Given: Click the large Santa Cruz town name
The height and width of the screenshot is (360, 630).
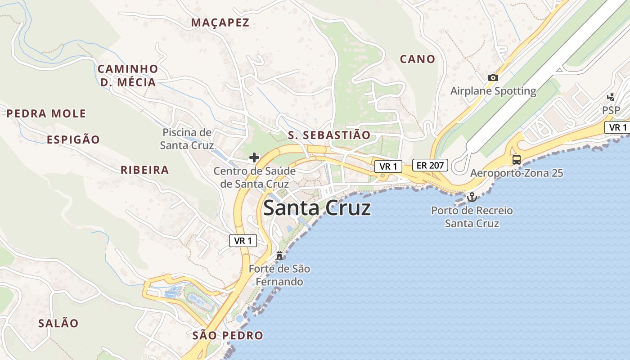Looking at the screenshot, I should (x=317, y=208).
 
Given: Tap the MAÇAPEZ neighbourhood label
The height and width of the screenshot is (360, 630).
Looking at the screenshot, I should (x=220, y=22).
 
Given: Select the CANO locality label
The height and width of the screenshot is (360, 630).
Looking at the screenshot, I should (x=418, y=59).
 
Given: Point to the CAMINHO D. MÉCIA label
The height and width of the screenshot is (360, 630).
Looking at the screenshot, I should (x=128, y=76).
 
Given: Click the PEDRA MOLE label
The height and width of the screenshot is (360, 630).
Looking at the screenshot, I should (x=46, y=113).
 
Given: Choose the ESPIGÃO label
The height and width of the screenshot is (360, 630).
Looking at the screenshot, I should (x=73, y=139).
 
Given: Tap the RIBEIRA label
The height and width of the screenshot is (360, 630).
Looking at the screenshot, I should (x=145, y=170).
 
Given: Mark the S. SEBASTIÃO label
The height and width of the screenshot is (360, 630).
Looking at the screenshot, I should (x=329, y=135).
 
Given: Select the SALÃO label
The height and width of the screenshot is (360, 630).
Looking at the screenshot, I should (x=58, y=323).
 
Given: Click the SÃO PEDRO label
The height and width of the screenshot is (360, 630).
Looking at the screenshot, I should (x=228, y=335).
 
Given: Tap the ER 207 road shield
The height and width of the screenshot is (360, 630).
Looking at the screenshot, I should (x=430, y=165).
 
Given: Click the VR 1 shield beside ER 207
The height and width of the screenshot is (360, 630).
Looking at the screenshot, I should (x=388, y=166).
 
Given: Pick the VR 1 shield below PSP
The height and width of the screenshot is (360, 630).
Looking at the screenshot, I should (x=617, y=127).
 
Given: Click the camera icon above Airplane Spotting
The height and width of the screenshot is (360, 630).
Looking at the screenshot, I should (x=493, y=77).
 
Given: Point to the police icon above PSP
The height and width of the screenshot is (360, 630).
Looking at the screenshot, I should (x=611, y=97).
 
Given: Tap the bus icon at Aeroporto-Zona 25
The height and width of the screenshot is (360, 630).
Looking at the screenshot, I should (x=517, y=159).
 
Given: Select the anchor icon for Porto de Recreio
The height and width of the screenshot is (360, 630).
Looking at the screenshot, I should (x=472, y=197).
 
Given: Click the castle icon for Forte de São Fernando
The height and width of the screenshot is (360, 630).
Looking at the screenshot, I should (x=279, y=256).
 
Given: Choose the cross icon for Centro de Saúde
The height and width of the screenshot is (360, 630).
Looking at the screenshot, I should (x=254, y=157).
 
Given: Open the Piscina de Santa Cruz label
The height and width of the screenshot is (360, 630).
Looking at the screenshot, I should (x=187, y=139).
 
